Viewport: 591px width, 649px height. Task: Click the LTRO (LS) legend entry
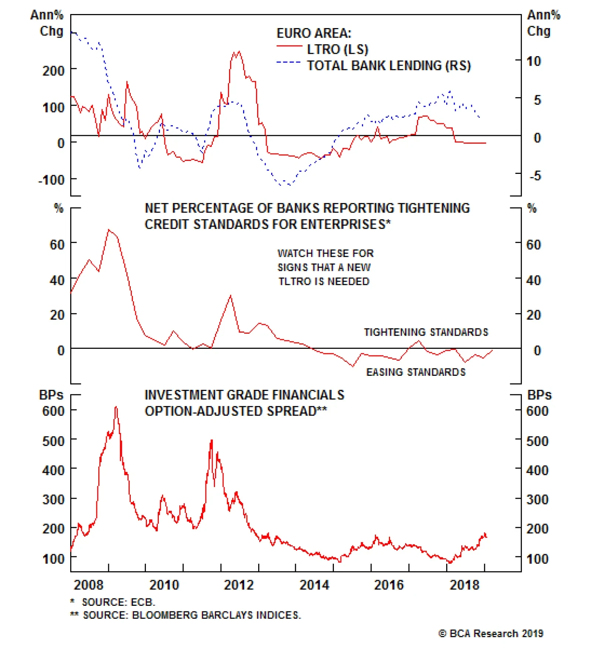(x=337, y=49)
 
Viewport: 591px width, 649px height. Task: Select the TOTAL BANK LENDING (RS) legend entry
(x=389, y=66)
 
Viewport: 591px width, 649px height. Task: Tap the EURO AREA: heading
(x=314, y=33)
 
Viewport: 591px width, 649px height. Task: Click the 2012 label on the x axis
(x=239, y=585)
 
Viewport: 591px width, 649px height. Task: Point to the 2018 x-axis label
(x=464, y=585)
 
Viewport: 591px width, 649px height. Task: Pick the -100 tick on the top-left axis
(x=51, y=181)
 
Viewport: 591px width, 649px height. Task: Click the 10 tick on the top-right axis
(x=533, y=61)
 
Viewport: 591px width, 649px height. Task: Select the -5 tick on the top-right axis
(x=535, y=176)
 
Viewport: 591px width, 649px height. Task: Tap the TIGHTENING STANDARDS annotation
(x=426, y=332)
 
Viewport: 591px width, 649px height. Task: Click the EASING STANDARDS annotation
(x=416, y=372)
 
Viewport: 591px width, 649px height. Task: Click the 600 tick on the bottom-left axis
(x=54, y=411)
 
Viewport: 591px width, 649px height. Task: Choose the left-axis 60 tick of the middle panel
(x=57, y=245)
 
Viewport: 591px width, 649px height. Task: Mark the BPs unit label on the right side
(x=539, y=395)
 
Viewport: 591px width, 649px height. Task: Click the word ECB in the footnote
(x=142, y=602)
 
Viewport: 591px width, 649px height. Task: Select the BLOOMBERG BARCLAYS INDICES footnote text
(x=216, y=615)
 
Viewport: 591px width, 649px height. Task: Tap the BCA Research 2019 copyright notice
(x=491, y=633)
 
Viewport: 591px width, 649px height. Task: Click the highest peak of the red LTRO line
(x=239, y=52)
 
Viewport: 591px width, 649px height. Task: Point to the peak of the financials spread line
(x=116, y=407)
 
